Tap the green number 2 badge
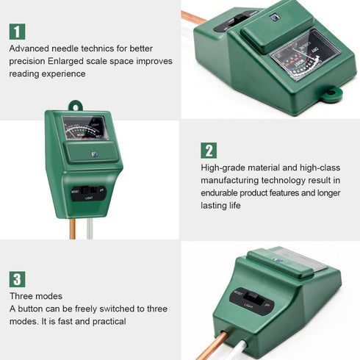point(209,151)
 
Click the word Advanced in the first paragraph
point(30,48)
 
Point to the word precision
point(28,61)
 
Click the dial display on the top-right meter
point(304,56)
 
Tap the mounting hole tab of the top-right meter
point(333,94)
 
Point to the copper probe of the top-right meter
point(195,16)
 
